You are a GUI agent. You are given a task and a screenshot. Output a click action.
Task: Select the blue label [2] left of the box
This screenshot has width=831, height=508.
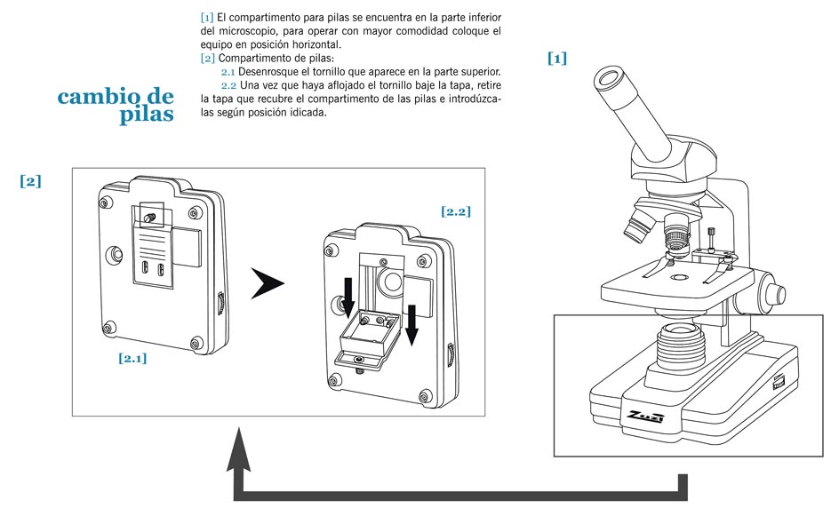[x=30, y=181]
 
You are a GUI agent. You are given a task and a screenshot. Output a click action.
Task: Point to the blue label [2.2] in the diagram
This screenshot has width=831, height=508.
[x=455, y=211]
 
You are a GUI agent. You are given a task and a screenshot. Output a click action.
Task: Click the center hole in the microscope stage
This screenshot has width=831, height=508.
[x=680, y=278]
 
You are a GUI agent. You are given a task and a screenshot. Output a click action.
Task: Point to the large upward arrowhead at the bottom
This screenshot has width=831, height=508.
[x=237, y=444]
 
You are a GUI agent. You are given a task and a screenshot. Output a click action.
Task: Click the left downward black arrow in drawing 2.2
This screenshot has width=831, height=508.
[x=349, y=296]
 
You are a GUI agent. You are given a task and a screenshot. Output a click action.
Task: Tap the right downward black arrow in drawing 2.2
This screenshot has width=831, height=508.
[x=412, y=324]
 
